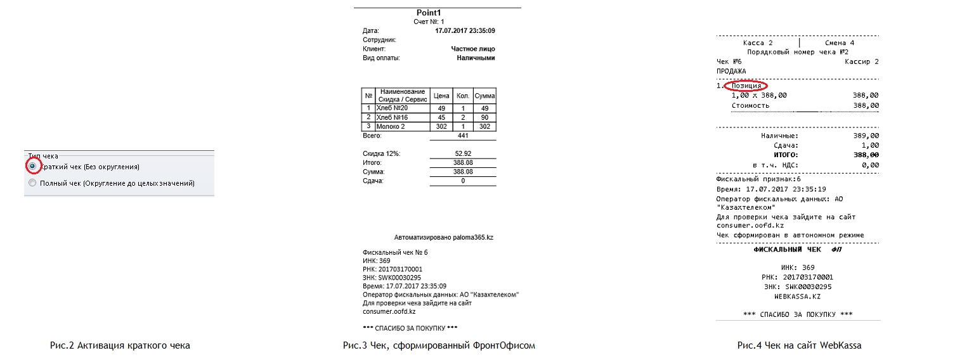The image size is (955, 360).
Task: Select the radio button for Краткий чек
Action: pos(32,166)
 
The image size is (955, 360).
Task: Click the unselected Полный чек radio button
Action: pos(32,183)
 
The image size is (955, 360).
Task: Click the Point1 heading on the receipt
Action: pos(428,13)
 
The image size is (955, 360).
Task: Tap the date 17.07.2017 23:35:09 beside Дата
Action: pos(465,30)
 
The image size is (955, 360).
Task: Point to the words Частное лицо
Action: pos(472,49)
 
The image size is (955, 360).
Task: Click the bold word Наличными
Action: pos(476,58)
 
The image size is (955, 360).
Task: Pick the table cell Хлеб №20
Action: pos(392,108)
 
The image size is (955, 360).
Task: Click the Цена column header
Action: pos(441,96)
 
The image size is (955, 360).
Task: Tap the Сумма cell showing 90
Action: pos(485,117)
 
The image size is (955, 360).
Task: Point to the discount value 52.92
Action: pos(463,154)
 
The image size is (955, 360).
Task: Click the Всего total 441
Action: pos(463,136)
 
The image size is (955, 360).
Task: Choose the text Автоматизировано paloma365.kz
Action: pos(443,237)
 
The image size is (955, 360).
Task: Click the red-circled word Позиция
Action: pos(746,86)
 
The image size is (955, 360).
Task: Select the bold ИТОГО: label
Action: pos(785,155)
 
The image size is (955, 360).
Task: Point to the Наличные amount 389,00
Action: pos(866,136)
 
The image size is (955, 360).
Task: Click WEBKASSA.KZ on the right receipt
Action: pos(797,296)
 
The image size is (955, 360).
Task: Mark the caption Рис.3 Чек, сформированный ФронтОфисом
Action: pos(439,345)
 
